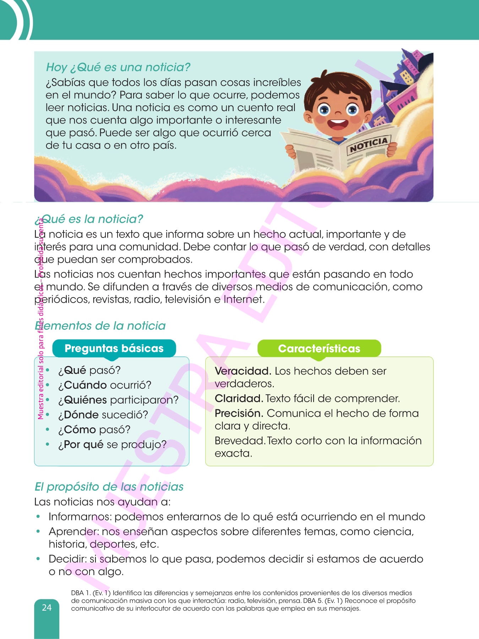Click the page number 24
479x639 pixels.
[47, 607]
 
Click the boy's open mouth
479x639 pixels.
[338, 124]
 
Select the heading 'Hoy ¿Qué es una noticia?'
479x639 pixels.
[118, 67]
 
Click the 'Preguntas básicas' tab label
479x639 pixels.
[114, 348]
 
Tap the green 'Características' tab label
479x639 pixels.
[319, 349]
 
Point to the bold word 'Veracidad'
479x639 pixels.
[243, 371]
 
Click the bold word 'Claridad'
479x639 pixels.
[239, 398]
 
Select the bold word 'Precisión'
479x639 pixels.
[239, 413]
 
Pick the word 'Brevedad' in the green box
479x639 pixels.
[240, 441]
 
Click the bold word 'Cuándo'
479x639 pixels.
[85, 385]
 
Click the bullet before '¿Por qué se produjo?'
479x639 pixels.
[48, 444]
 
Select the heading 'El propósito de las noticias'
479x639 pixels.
[109, 486]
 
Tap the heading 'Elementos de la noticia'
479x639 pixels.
[100, 326]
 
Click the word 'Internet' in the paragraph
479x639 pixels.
[243, 299]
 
